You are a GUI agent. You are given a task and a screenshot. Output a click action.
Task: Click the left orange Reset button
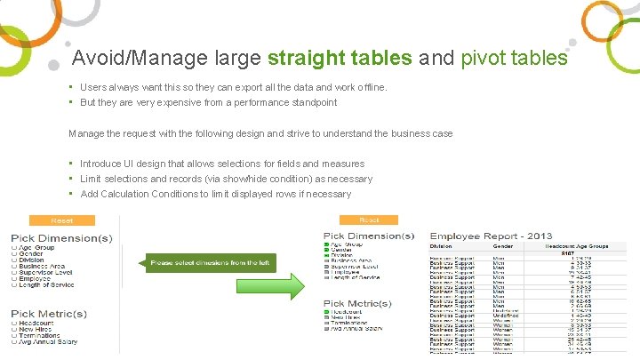[x=62, y=220]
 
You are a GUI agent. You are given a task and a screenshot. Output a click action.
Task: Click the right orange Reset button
[x=368, y=220]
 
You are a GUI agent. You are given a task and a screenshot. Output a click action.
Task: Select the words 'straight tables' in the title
[x=339, y=59]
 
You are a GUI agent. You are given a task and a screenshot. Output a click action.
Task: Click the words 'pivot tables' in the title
[x=514, y=59]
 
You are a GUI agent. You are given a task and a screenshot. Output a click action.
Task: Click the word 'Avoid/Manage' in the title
[x=141, y=59]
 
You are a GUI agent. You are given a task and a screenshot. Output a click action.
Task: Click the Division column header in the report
[x=443, y=246]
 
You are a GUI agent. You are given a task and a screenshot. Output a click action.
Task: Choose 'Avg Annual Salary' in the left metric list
[x=48, y=342]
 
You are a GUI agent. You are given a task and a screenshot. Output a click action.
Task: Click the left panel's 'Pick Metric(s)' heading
[x=50, y=314]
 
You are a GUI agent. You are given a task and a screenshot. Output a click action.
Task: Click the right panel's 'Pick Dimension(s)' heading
[x=369, y=236]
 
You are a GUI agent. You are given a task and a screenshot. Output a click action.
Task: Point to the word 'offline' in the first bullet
[x=371, y=87]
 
